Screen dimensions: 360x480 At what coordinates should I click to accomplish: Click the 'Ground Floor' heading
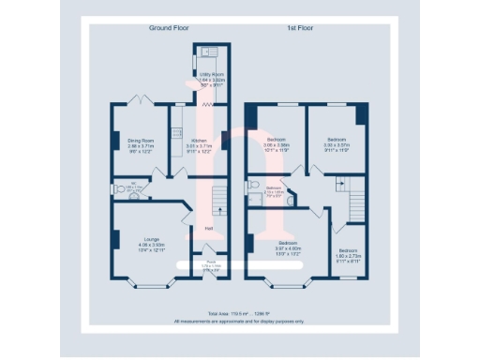point(170,28)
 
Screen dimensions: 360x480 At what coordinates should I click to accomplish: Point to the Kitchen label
point(199,141)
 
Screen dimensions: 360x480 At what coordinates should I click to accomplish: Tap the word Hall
point(206,228)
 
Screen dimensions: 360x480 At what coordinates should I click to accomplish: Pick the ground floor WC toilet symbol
point(115,187)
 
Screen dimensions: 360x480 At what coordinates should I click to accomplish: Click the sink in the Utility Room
point(211,51)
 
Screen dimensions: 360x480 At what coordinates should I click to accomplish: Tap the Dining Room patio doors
point(142,100)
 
